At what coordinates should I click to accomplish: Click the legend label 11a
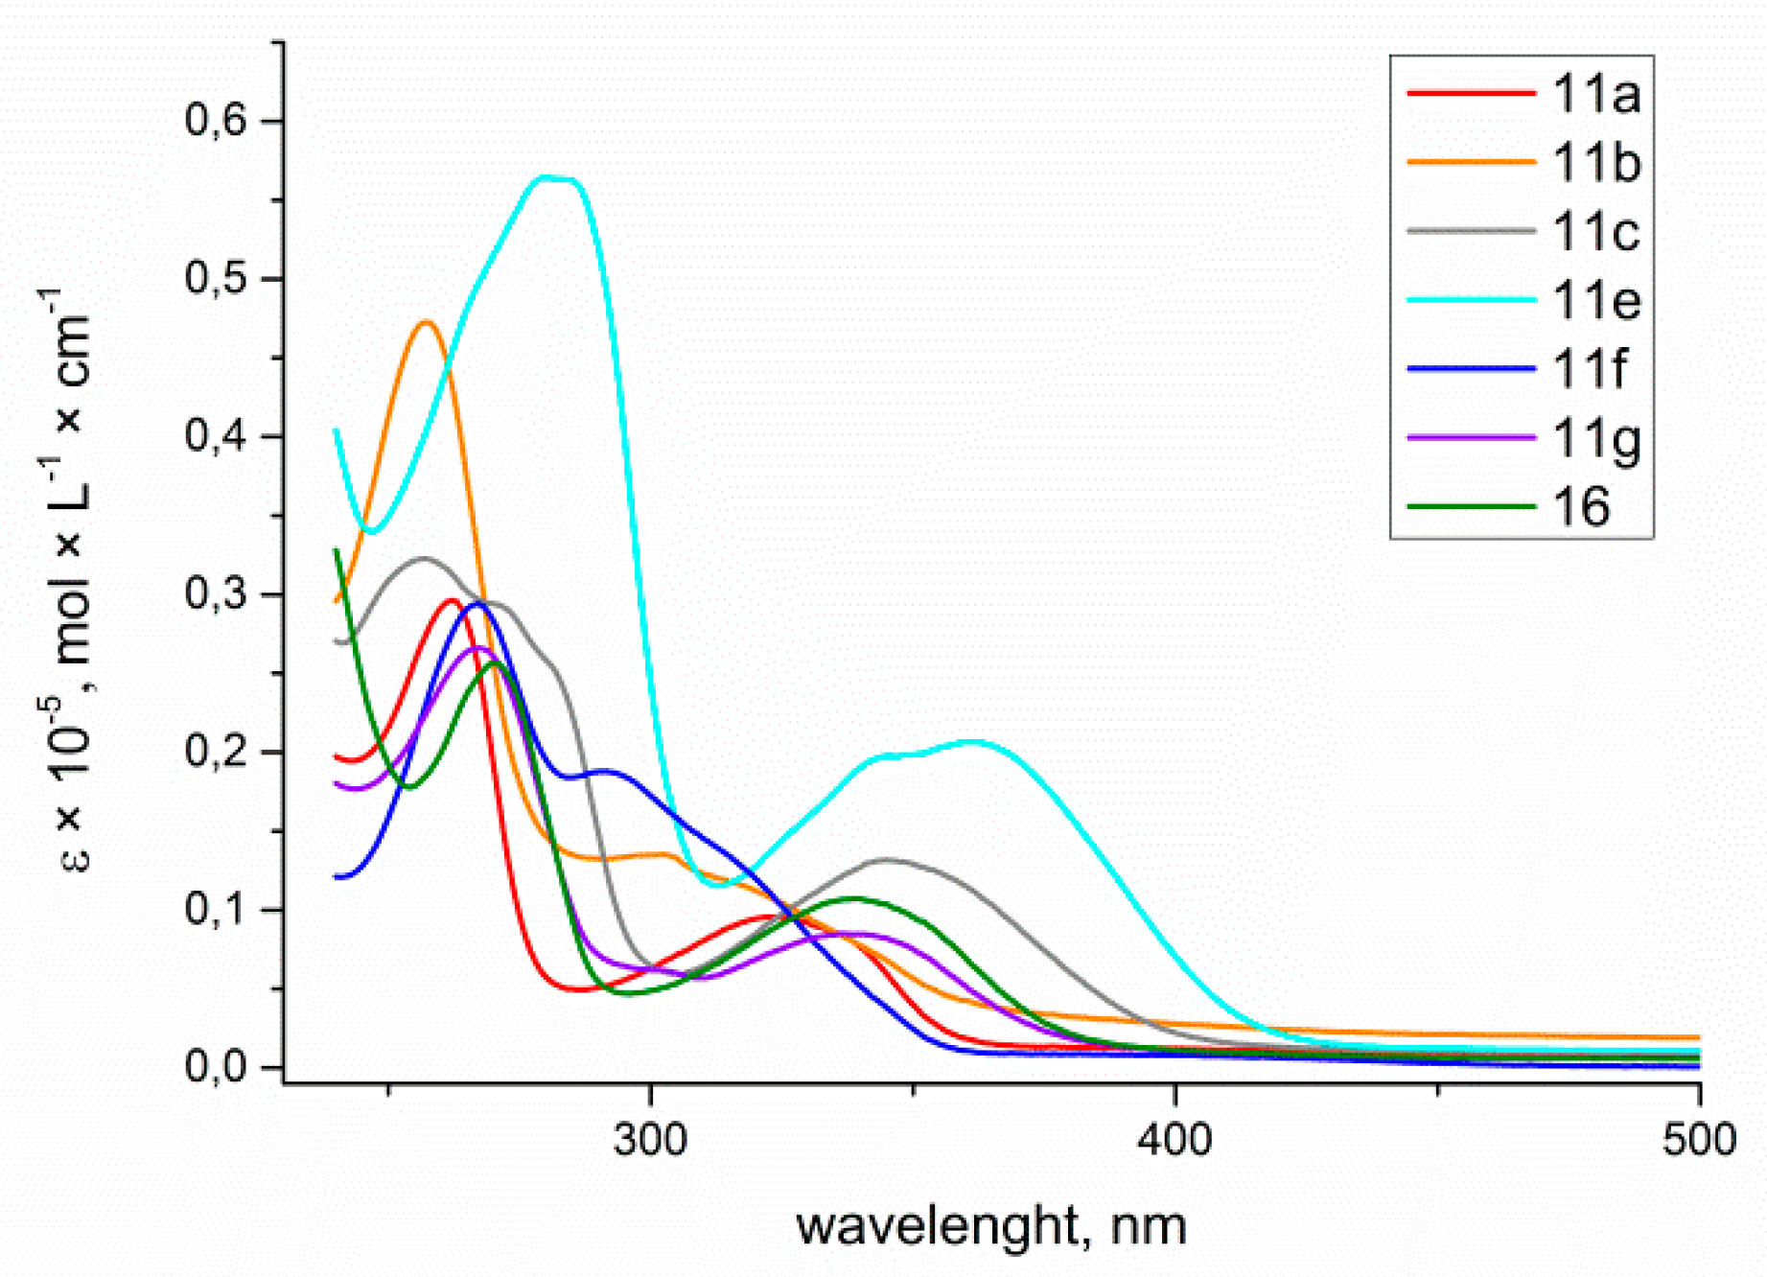[x=1595, y=95]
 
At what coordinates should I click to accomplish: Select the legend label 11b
[x=1596, y=164]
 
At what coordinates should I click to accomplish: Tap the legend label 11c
[x=1595, y=232]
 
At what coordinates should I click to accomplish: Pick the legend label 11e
[x=1596, y=301]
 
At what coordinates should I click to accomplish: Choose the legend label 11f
[x=1589, y=368]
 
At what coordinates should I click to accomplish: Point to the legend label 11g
[x=1596, y=439]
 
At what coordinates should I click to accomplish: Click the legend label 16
[x=1581, y=506]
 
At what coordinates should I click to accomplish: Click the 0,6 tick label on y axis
[x=217, y=121]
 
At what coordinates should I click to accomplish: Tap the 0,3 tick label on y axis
[x=217, y=594]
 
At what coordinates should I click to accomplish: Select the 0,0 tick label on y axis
[x=217, y=1066]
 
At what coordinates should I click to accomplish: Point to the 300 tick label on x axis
[x=651, y=1140]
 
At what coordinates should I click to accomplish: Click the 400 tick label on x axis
[x=1175, y=1140]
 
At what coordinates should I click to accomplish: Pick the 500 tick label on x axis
[x=1699, y=1140]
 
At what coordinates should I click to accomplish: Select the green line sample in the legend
[x=1470, y=506]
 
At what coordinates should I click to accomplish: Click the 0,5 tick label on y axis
[x=217, y=279]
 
